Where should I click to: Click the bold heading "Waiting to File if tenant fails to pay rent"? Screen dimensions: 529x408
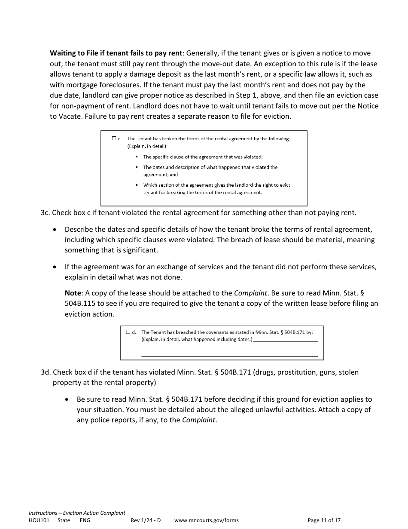tap(116, 53)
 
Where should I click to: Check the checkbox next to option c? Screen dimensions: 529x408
tap(114, 138)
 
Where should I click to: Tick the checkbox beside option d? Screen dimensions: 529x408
tap(128, 332)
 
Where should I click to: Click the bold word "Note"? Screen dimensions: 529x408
tap(73, 293)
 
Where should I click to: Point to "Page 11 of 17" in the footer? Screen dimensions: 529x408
tap(324, 520)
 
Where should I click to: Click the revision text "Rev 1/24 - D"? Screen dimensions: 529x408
tap(146, 520)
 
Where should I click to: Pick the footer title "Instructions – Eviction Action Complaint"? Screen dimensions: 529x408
tap(77, 513)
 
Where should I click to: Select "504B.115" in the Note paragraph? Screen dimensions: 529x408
tap(81, 303)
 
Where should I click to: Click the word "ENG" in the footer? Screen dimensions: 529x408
tap(85, 520)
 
